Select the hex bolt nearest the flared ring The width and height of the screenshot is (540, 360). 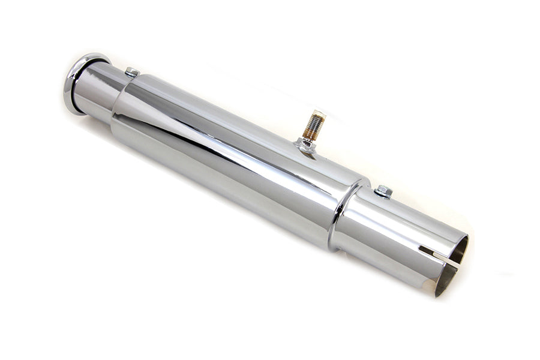tap(132, 73)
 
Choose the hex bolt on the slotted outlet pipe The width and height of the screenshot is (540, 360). tap(383, 191)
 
